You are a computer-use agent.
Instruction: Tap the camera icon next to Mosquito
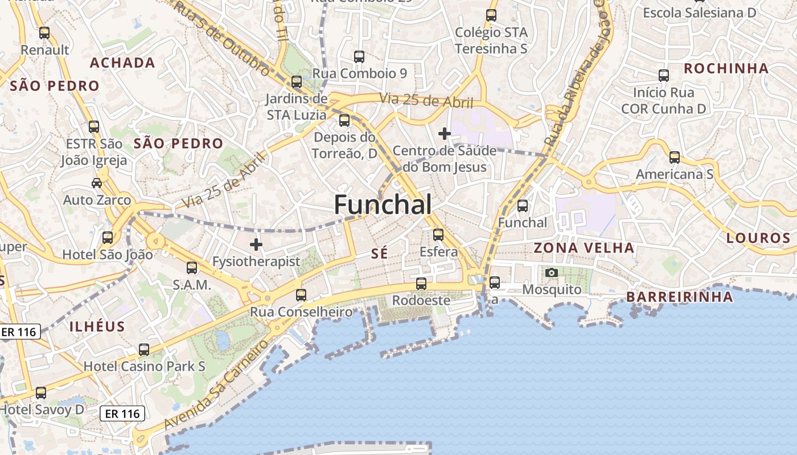[x=551, y=273]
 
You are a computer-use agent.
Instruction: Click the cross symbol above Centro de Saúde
[x=445, y=134]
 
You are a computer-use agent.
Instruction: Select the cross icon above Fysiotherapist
[x=256, y=245]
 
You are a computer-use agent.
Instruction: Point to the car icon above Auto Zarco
[x=97, y=183]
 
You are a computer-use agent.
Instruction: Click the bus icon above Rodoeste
[x=421, y=283]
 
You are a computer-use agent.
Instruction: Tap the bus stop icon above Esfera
[x=438, y=234]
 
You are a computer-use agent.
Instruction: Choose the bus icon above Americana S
[x=675, y=157]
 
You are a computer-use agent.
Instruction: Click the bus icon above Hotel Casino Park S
[x=144, y=349]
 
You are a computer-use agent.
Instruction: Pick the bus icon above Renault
[x=44, y=33]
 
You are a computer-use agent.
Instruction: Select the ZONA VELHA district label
[x=584, y=248]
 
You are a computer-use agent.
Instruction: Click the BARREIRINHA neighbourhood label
[x=679, y=297]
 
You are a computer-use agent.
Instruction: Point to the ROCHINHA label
[x=726, y=69]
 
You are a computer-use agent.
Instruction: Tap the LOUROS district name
[x=758, y=238]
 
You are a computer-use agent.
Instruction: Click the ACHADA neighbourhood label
[x=122, y=63]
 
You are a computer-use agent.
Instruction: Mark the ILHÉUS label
[x=97, y=326]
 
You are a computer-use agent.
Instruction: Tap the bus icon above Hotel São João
[x=108, y=237]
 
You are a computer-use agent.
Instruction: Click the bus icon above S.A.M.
[x=192, y=267]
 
